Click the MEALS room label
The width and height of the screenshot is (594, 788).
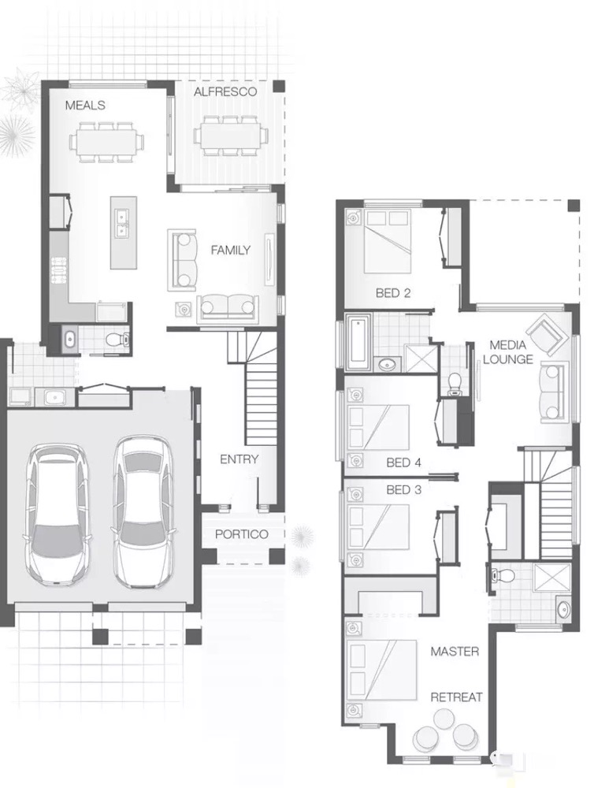pos(85,105)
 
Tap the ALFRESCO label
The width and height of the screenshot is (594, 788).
pos(225,91)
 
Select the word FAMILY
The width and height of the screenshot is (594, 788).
pos(230,250)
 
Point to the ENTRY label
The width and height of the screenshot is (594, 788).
pos(239,459)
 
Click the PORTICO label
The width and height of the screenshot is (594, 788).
pos(242,533)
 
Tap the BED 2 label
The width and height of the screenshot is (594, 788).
pos(393,292)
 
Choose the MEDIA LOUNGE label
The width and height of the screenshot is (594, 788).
pos(508,351)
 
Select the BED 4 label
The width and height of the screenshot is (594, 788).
pos(403,463)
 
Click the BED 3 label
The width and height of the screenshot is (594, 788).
pos(403,489)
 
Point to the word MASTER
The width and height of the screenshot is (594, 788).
pos(455,652)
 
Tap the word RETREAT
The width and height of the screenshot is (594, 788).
pos(456,697)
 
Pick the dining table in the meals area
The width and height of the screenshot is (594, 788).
pos(106,142)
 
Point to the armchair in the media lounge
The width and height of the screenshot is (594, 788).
pos(545,333)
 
